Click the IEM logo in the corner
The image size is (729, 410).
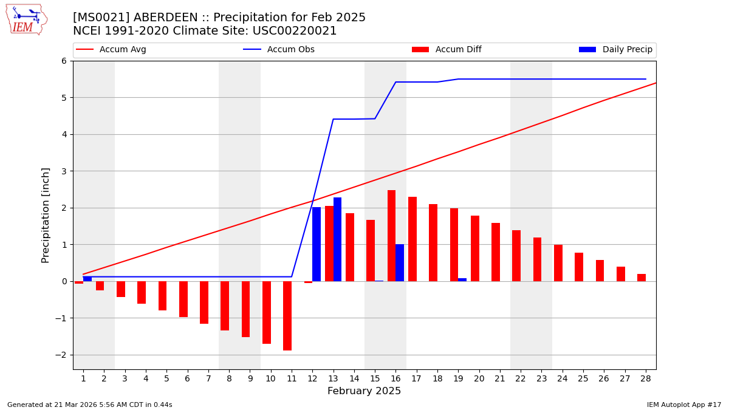click(x=26, y=19)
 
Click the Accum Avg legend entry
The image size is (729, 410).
click(x=122, y=50)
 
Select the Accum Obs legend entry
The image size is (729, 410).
click(x=290, y=50)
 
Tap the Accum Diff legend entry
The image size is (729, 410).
click(x=458, y=50)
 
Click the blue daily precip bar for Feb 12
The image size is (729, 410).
click(x=317, y=244)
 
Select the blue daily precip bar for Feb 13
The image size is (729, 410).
click(x=337, y=239)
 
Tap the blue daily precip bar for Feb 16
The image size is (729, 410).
click(x=400, y=262)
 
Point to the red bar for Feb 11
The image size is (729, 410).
click(x=287, y=316)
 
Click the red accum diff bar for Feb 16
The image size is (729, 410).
click(x=391, y=236)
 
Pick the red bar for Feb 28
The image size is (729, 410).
click(x=642, y=278)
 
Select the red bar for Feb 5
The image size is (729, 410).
click(x=162, y=296)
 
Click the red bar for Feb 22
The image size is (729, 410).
click(x=516, y=256)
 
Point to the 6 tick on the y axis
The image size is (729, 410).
click(x=63, y=61)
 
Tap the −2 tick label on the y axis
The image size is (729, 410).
click(x=61, y=355)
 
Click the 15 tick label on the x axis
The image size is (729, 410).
click(x=375, y=378)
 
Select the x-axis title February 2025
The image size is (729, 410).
click(x=364, y=391)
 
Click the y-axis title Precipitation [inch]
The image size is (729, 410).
click(x=46, y=215)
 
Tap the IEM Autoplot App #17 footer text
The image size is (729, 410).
click(x=683, y=405)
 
